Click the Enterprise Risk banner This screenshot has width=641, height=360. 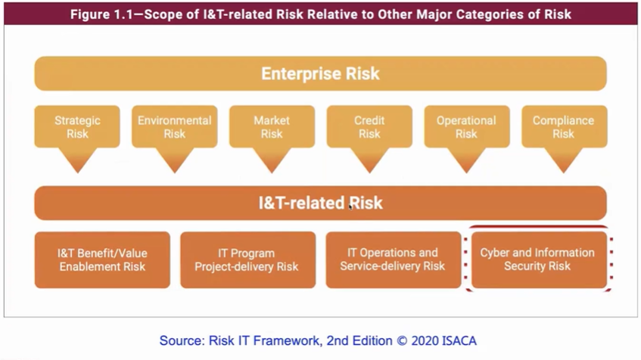321,73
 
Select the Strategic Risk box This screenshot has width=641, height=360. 77,126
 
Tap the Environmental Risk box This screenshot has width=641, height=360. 175,126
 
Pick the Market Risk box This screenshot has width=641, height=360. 272,126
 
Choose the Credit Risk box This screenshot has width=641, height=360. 369,126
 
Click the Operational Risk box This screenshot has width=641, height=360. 467,126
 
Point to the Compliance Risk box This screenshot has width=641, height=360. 564,126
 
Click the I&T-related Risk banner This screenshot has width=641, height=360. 321,203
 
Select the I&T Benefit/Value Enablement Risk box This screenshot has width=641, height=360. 102,260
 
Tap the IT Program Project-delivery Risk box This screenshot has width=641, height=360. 247,260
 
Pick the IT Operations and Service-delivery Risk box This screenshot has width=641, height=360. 394,260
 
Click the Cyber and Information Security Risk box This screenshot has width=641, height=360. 539,260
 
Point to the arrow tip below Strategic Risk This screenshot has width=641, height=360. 78,173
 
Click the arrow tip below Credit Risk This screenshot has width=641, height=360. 369,173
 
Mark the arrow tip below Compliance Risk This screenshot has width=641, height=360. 564,173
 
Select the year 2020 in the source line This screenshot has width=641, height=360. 425,341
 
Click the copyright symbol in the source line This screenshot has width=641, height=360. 403,341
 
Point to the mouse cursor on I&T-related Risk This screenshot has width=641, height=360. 350,206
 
